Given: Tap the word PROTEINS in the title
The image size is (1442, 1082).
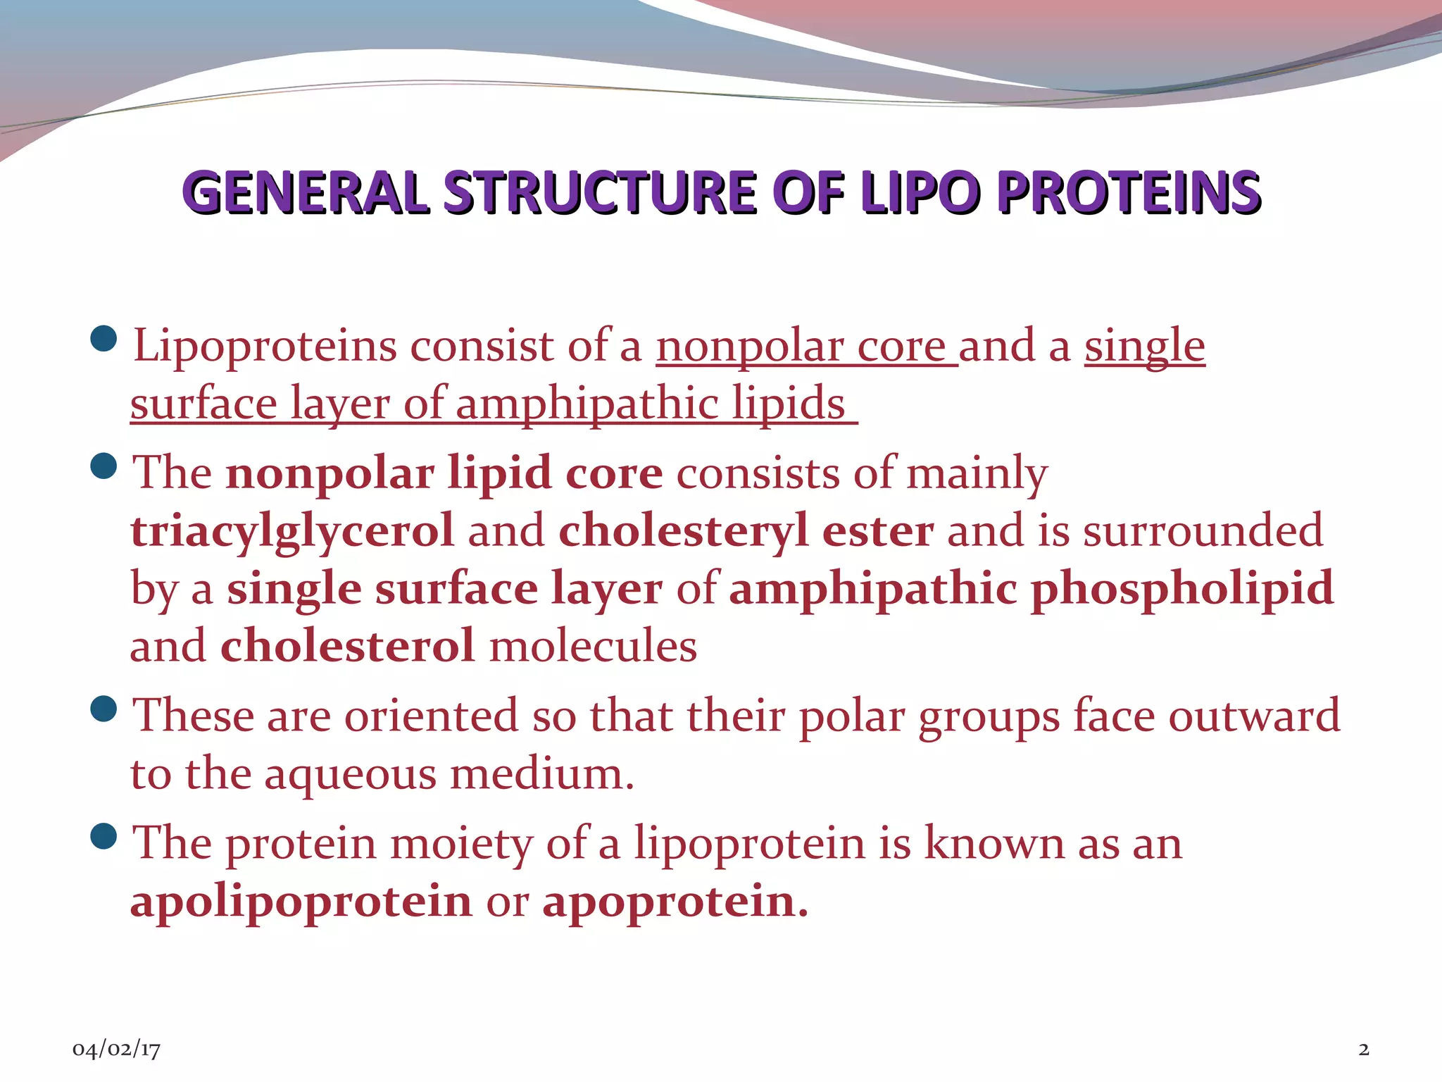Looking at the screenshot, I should click(x=1129, y=192).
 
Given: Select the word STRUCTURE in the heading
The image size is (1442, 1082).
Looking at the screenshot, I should click(x=601, y=192).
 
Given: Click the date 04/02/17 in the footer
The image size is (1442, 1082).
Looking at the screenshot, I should click(x=116, y=1050).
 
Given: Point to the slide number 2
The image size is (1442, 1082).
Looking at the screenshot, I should click(x=1364, y=1050).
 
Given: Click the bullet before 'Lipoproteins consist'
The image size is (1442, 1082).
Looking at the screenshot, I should click(x=104, y=339).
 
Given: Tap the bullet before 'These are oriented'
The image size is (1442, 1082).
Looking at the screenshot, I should click(x=104, y=709).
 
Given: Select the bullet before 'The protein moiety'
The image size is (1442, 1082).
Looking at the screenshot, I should click(x=104, y=836).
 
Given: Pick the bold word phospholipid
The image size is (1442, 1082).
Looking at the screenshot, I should click(x=1182, y=588).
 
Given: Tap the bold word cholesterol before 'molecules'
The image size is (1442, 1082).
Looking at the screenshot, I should click(x=348, y=646).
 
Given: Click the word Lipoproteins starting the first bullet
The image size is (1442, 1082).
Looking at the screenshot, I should click(x=265, y=347).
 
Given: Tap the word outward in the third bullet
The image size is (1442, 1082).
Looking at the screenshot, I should click(x=1254, y=716).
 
